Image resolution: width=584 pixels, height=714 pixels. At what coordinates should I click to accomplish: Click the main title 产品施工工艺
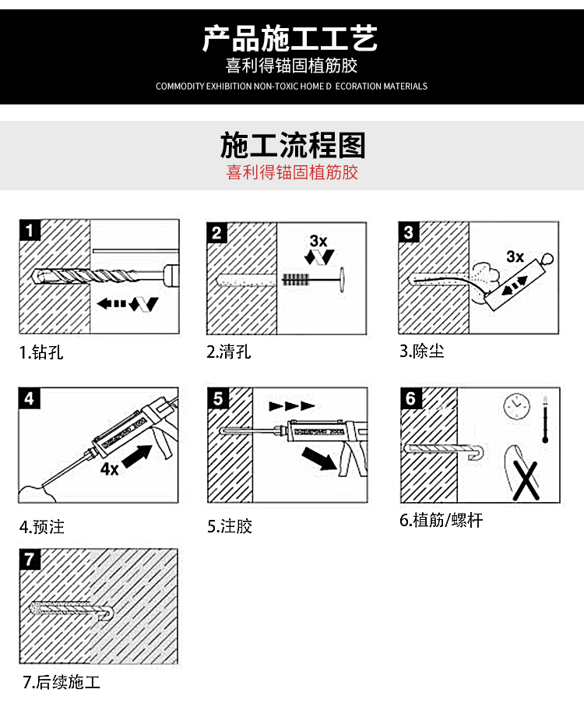(290, 37)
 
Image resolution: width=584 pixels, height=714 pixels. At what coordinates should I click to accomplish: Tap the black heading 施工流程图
(292, 146)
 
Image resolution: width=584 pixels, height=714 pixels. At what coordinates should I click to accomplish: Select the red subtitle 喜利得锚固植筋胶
(292, 172)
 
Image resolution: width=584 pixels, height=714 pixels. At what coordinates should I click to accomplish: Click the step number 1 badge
(30, 231)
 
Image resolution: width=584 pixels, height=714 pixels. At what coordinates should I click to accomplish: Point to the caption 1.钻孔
(41, 352)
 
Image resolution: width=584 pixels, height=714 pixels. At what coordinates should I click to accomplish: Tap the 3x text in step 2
(318, 241)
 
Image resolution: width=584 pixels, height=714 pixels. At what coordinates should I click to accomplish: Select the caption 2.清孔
(229, 352)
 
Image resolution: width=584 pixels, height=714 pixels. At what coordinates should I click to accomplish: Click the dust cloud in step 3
(485, 275)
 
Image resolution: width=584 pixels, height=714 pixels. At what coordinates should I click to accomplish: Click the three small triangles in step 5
(291, 406)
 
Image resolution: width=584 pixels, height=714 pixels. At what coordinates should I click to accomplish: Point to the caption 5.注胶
(230, 527)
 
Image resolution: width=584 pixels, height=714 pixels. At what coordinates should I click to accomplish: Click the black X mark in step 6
(528, 479)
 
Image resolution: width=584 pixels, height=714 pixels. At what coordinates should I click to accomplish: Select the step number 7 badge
(30, 559)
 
